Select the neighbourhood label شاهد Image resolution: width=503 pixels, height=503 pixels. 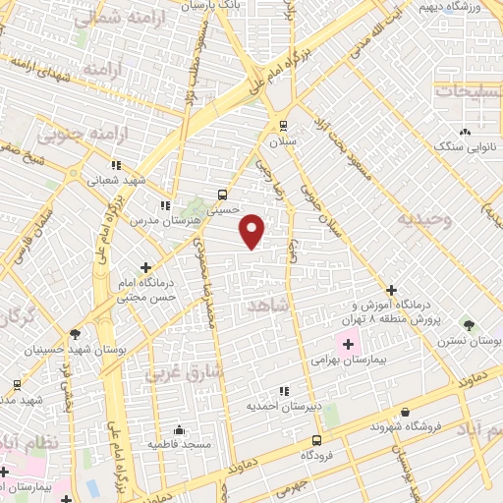click(271, 307)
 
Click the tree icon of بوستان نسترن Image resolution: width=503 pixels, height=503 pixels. click(469, 323)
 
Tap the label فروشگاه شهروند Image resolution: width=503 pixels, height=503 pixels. click(403, 427)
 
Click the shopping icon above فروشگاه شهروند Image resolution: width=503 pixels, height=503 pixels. click(404, 412)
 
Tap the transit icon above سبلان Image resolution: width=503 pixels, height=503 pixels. click(284, 125)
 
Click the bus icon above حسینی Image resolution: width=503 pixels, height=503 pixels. click(223, 194)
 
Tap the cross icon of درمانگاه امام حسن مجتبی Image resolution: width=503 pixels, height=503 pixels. click(146, 266)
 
